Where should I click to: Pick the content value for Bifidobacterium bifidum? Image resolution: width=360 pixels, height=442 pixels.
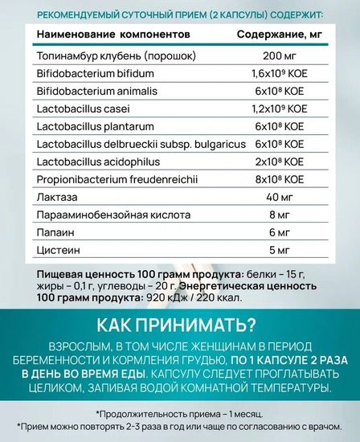click(278, 75)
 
